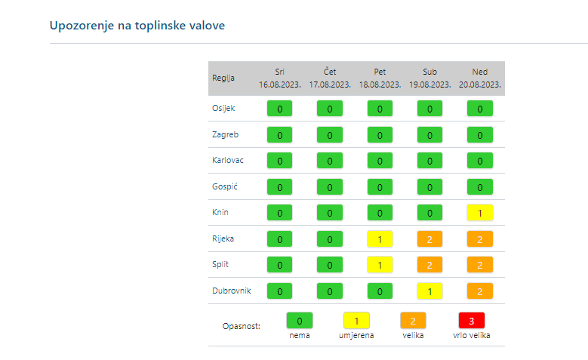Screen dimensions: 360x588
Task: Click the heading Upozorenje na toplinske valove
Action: [137, 26]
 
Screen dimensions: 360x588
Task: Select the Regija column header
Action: [223, 78]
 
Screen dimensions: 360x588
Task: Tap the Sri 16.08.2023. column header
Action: [279, 78]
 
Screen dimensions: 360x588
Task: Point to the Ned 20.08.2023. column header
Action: [479, 78]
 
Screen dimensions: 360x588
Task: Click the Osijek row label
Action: [223, 108]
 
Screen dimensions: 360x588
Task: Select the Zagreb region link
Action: [225, 134]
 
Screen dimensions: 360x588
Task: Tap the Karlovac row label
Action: [228, 160]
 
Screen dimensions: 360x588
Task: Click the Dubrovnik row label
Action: [232, 291]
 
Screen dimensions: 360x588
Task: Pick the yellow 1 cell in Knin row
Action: [480, 213]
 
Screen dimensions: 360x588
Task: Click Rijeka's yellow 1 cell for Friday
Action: [380, 239]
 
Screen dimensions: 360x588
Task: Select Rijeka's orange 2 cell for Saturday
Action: [429, 239]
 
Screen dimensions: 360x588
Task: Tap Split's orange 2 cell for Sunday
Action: [480, 265]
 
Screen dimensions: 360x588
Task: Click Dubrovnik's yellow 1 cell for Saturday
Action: [429, 291]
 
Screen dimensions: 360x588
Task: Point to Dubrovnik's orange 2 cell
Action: [480, 291]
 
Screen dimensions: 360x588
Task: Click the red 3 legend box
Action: [472, 321]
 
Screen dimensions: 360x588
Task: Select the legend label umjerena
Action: [356, 335]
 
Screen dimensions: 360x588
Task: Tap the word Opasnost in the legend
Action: [242, 326]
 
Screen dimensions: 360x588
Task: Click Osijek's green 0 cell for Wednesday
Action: [279, 109]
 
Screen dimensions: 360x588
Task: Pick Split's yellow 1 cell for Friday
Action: [380, 265]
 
